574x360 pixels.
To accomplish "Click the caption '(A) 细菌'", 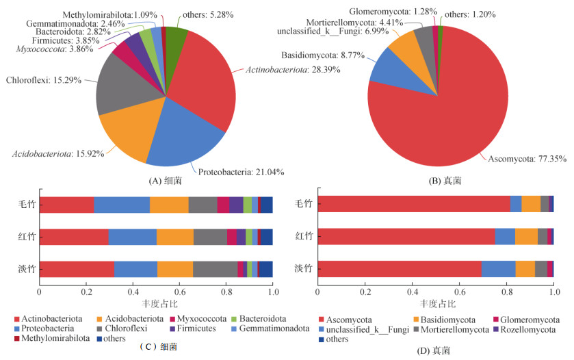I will pos(166,181).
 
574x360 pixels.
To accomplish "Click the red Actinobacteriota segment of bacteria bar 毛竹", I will pos(66,204).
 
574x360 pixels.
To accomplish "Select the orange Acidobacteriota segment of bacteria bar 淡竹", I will pos(175,269).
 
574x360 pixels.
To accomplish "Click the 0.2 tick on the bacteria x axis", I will pos(86,292).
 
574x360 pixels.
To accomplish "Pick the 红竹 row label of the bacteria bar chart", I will pos(27,237).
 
